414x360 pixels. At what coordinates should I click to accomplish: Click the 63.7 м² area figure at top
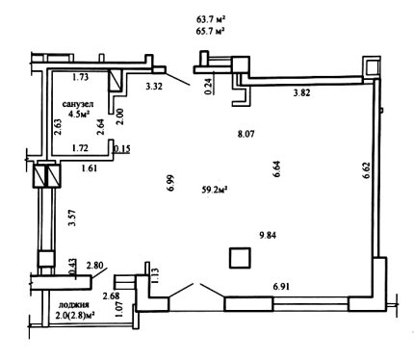[x=210, y=19]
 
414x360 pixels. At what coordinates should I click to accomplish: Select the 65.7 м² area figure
[x=210, y=31]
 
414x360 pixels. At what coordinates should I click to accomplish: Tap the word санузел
[x=78, y=104]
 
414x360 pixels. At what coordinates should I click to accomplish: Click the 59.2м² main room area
[x=215, y=190]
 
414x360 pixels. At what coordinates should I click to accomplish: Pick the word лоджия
[x=74, y=305]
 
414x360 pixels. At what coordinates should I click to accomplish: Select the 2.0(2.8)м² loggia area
[x=75, y=315]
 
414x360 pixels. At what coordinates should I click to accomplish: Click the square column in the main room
[x=240, y=258]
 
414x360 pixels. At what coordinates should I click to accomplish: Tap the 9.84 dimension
[x=268, y=236]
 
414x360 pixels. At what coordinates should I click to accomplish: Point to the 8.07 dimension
[x=246, y=134]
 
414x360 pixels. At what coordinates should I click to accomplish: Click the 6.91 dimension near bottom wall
[x=281, y=286]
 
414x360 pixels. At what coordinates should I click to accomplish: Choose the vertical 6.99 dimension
[x=170, y=183]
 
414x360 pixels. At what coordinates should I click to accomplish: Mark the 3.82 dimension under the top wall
[x=302, y=93]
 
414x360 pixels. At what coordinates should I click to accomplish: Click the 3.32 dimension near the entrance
[x=154, y=86]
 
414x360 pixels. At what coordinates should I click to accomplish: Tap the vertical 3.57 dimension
[x=72, y=219]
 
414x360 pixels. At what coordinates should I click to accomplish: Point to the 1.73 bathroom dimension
[x=80, y=77]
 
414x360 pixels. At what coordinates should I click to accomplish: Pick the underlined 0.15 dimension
[x=122, y=149]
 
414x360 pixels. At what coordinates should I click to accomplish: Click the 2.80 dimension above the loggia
[x=95, y=266]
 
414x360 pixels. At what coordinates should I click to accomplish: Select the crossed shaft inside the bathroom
[x=115, y=80]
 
